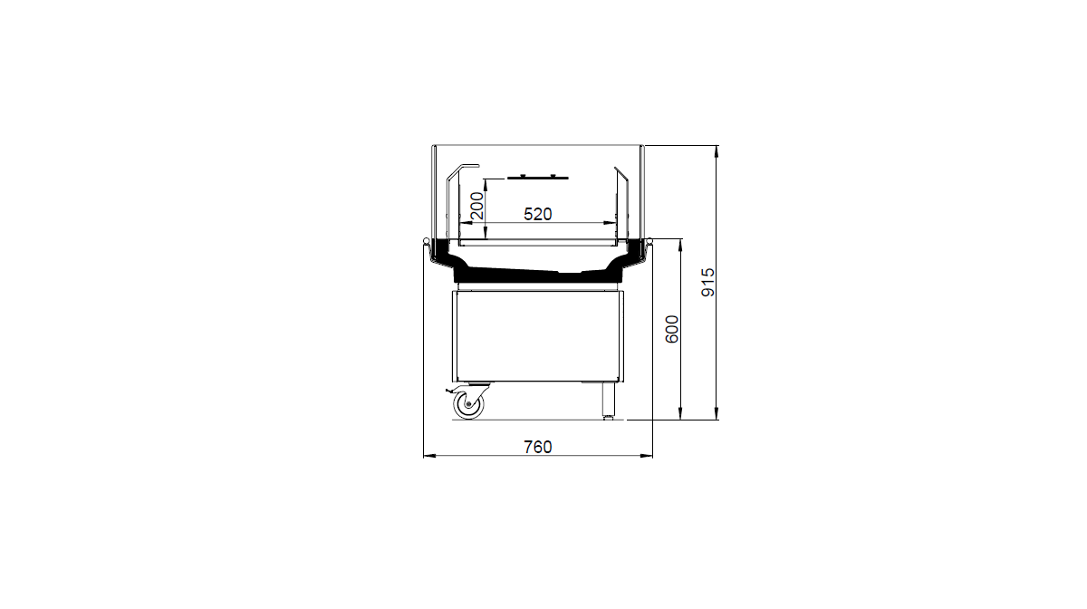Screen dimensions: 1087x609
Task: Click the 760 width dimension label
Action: click(x=538, y=447)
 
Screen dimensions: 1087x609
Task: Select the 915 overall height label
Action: click(x=708, y=282)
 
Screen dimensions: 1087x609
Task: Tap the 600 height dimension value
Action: click(x=671, y=329)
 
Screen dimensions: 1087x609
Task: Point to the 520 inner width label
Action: click(x=538, y=214)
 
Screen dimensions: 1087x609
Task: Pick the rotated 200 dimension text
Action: click(x=477, y=206)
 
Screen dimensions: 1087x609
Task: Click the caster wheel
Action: click(x=469, y=404)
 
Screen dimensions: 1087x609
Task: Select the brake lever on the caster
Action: click(x=450, y=391)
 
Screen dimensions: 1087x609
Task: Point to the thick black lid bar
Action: click(x=538, y=178)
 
